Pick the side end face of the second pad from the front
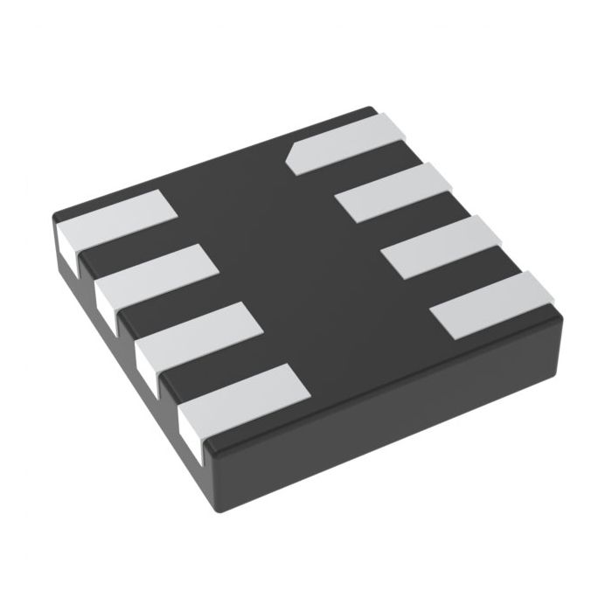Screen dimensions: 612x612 [146, 360]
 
